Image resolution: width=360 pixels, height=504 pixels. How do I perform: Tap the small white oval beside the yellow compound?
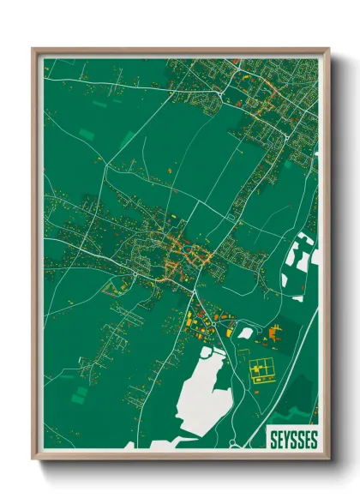[246, 333]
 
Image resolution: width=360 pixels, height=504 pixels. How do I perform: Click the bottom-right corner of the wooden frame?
[328, 458]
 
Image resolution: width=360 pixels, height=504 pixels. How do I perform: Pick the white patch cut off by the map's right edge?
[315, 256]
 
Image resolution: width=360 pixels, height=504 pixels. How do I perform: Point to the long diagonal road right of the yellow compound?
[296, 360]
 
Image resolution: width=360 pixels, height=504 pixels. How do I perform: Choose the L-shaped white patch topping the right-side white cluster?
[302, 243]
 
